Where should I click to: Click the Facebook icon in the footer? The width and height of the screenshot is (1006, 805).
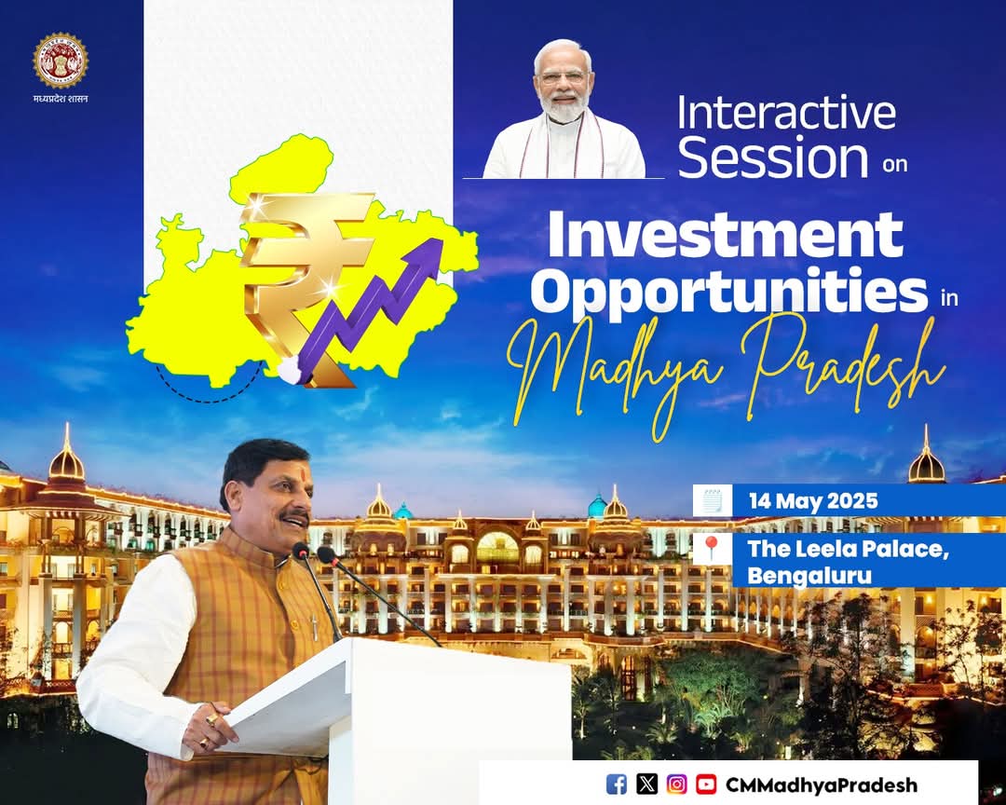point(616,784)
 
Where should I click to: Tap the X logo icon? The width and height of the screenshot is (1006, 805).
point(646,784)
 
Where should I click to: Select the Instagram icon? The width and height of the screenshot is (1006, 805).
point(676,784)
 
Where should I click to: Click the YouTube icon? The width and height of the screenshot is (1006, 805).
point(706,784)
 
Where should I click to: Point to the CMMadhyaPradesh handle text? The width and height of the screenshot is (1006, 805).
point(822,785)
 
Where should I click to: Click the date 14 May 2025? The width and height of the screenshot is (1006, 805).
point(813,500)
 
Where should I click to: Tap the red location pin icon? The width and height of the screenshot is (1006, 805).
point(711,549)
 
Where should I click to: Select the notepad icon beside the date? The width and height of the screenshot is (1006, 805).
point(713,500)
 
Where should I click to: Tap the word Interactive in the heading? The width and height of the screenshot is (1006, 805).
point(786,113)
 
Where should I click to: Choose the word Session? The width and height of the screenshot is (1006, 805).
point(772,157)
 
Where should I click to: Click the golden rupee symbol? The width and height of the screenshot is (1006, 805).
point(302,282)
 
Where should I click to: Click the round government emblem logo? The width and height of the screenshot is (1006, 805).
point(61,61)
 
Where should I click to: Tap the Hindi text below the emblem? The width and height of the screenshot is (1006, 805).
point(61,99)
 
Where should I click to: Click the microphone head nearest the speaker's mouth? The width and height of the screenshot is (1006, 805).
point(301,550)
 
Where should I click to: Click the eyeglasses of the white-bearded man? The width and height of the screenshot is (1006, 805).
point(564,77)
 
